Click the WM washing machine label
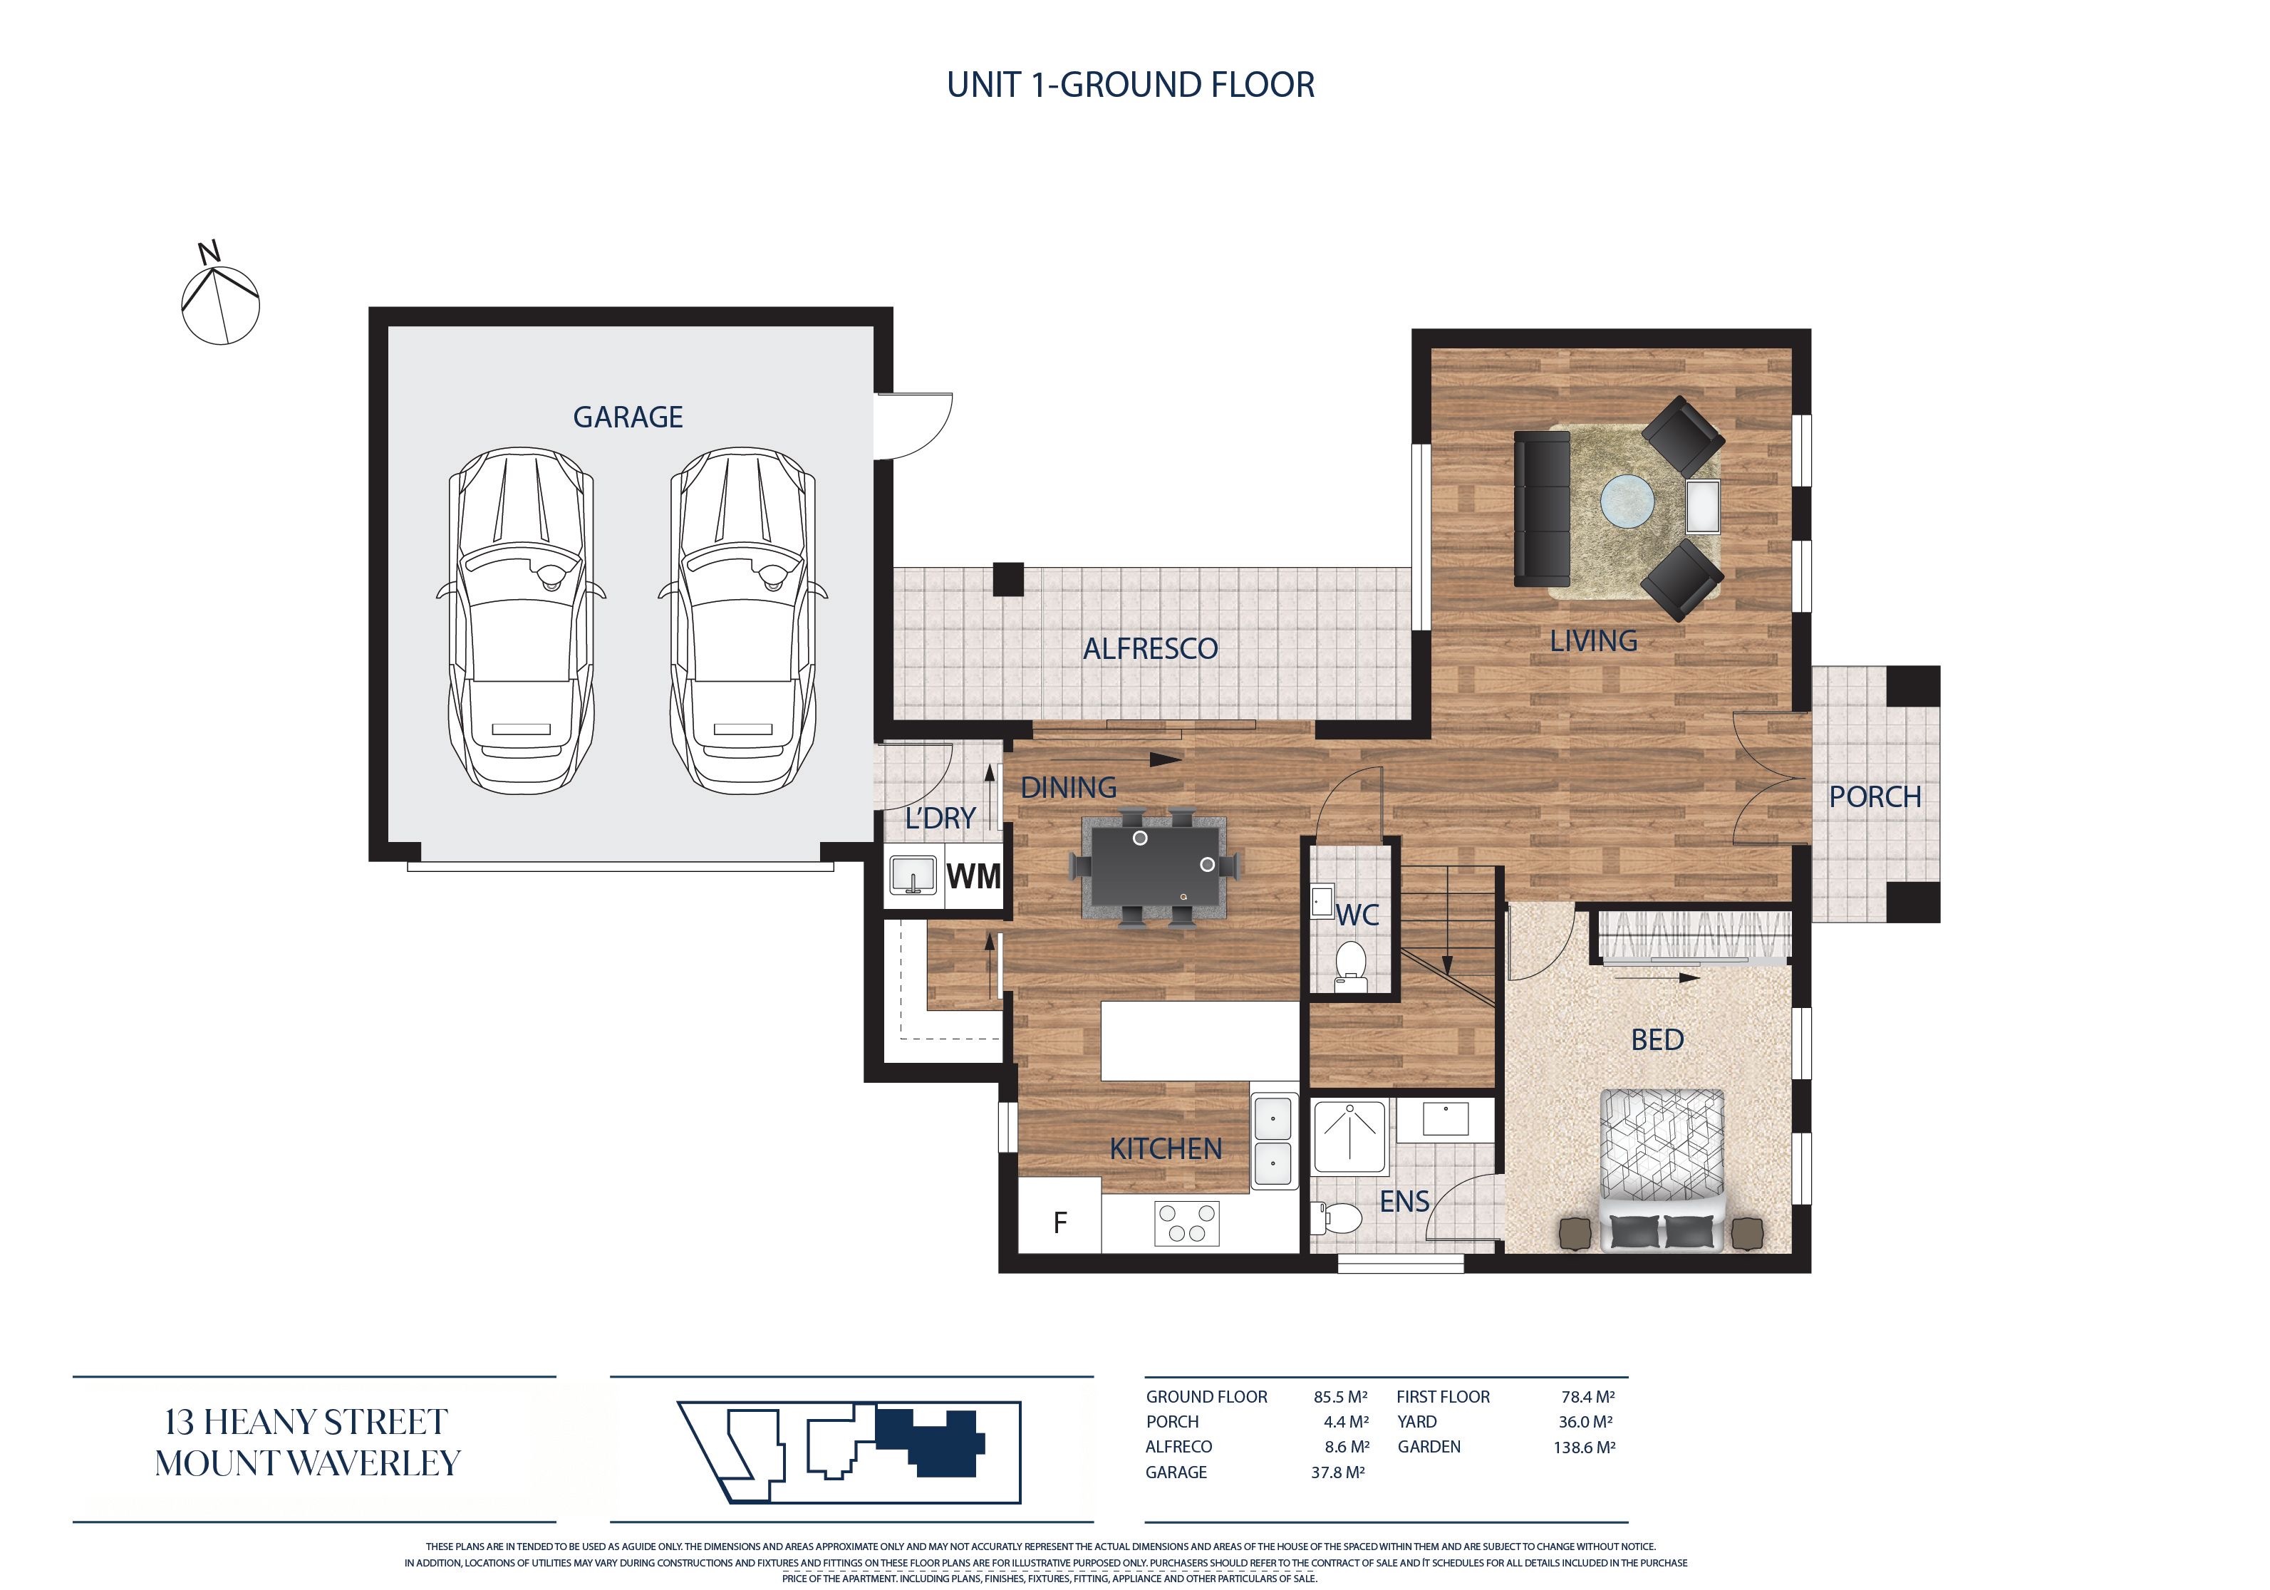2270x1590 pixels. pyautogui.click(x=974, y=876)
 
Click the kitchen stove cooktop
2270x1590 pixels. pyautogui.click(x=1186, y=1223)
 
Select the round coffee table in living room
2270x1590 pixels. pyautogui.click(x=1627, y=502)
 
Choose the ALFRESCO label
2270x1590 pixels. pyautogui.click(x=1150, y=649)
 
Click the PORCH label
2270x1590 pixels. pyautogui.click(x=1875, y=797)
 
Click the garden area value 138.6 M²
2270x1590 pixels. pyautogui.click(x=1584, y=1447)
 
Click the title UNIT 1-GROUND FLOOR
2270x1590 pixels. pyautogui.click(x=1131, y=85)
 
